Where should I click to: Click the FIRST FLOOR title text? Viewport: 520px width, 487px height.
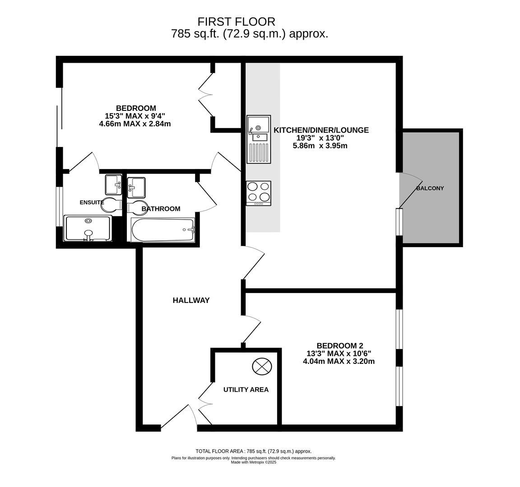(x=236, y=21)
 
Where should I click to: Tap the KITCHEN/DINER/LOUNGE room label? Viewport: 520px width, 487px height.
(x=321, y=130)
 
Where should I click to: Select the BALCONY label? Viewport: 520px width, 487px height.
(x=430, y=188)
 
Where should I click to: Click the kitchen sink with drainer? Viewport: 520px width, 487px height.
(x=259, y=139)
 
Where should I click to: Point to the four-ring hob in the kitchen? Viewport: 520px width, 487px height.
(x=259, y=193)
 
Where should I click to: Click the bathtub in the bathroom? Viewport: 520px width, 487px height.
(x=162, y=230)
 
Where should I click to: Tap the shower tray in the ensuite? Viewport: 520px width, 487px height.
(x=88, y=228)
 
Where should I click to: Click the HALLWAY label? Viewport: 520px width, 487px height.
(x=191, y=300)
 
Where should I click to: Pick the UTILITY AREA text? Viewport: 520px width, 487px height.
(x=246, y=390)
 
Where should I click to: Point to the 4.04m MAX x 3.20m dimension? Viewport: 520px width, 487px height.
(x=339, y=361)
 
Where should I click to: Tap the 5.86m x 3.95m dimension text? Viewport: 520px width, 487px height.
(x=320, y=146)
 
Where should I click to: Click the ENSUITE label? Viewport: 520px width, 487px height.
(x=92, y=202)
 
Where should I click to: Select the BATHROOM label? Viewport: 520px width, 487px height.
(x=161, y=209)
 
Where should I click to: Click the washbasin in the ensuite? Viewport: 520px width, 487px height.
(x=113, y=184)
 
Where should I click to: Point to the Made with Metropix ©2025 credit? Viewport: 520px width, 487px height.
(x=253, y=462)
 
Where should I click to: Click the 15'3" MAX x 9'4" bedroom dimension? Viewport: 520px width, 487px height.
(x=135, y=116)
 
